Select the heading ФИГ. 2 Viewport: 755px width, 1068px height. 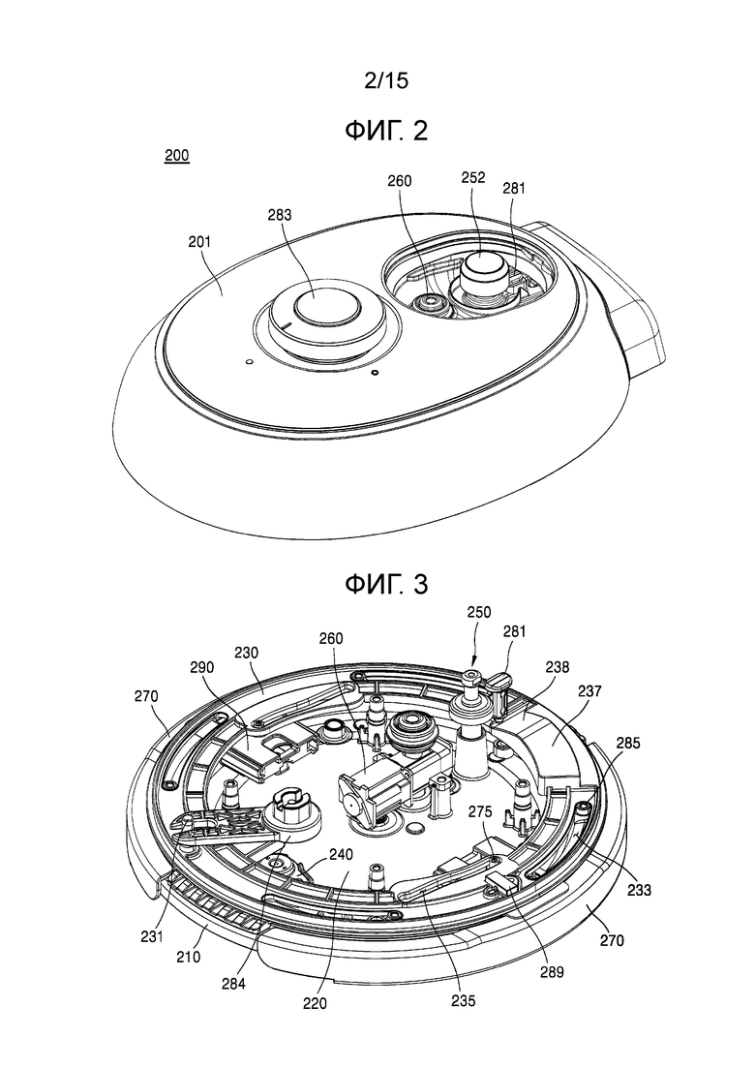(x=385, y=131)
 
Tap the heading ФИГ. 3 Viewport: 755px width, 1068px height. (x=385, y=585)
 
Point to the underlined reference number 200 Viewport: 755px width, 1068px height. (x=177, y=156)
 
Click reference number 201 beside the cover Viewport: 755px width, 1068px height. (x=199, y=241)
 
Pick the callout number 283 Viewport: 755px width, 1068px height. (x=279, y=216)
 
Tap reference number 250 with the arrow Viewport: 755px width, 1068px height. (x=477, y=612)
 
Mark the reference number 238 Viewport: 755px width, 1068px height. (x=557, y=667)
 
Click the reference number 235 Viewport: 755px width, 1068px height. (x=466, y=1002)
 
